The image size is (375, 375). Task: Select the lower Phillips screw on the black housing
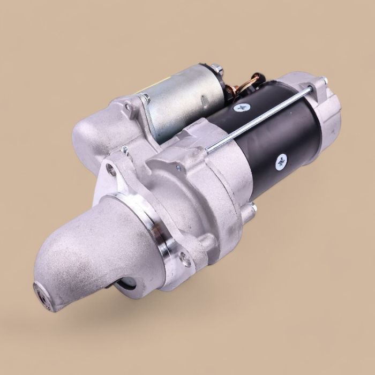(281, 161)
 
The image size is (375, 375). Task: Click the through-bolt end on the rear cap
(324, 82)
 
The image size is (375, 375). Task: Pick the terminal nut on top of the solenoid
(216, 69)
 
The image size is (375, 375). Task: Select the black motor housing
(279, 134)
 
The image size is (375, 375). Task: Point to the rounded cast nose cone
(80, 252)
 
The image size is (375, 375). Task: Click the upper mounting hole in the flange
(111, 170)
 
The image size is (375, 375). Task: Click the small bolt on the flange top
(124, 149)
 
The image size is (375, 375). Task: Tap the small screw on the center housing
(178, 168)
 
